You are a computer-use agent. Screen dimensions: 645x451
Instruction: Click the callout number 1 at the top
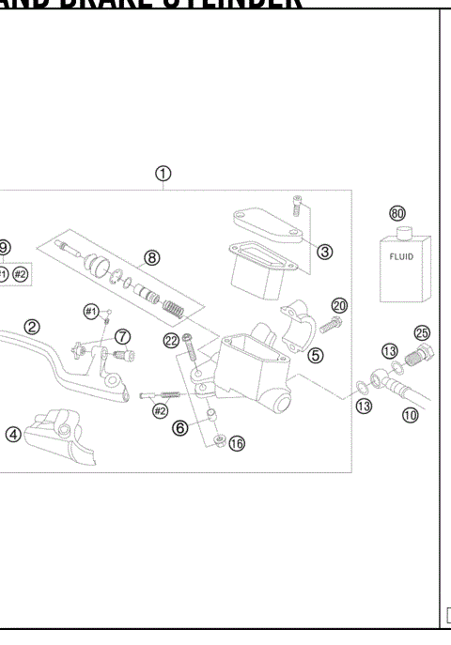coord(163,174)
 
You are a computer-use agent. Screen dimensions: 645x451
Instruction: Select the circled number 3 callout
coord(324,251)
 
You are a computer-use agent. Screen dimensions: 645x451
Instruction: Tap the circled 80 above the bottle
coord(397,213)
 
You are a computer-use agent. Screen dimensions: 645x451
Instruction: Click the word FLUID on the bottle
coord(401,256)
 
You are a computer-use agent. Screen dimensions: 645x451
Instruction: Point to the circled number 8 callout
coord(151,257)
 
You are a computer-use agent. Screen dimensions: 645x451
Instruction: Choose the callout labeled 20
coord(339,305)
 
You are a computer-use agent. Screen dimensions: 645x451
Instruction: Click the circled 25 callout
coord(422,333)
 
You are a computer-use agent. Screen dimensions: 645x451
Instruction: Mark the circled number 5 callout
coord(315,355)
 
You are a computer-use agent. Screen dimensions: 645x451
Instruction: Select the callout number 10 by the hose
coord(410,414)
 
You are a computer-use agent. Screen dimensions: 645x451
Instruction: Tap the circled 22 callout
coord(171,340)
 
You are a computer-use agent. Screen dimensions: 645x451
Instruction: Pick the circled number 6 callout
coord(179,427)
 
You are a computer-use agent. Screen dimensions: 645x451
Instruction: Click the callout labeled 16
coord(236,443)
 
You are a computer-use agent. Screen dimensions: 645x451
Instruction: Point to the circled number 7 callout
coord(123,336)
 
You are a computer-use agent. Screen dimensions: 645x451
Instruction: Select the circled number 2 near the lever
coord(32,327)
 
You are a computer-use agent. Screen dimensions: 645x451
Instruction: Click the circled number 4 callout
coord(12,434)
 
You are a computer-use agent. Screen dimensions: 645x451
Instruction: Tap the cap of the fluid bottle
coord(398,231)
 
